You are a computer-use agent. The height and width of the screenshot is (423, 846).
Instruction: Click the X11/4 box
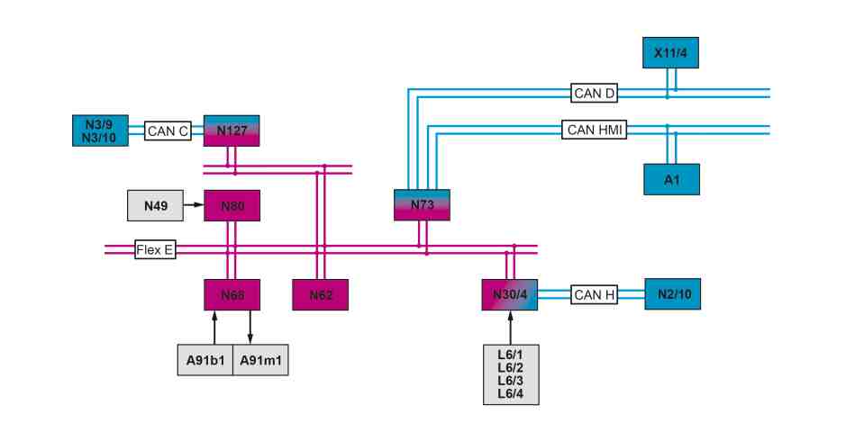(x=670, y=53)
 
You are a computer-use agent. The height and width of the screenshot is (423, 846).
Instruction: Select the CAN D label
(x=594, y=94)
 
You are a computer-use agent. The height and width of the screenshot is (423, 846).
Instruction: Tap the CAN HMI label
(x=594, y=130)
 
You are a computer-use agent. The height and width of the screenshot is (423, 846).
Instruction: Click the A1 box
(x=672, y=179)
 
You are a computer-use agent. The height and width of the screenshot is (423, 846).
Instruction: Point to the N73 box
(x=422, y=205)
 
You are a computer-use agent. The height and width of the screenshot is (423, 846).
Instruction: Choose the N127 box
(x=232, y=130)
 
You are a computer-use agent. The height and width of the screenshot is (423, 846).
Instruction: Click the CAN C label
(x=168, y=130)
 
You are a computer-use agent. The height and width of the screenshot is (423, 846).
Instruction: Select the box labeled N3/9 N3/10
(x=100, y=130)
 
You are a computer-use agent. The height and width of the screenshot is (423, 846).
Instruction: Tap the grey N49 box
(x=155, y=205)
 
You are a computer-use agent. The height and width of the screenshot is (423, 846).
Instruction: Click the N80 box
(x=232, y=205)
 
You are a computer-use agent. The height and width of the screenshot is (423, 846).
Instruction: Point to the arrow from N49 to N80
(x=194, y=205)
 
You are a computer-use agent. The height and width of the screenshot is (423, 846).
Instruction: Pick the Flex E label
(x=155, y=249)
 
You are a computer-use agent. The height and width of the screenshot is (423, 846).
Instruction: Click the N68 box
(x=232, y=295)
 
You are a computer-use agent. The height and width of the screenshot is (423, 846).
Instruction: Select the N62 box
(x=321, y=295)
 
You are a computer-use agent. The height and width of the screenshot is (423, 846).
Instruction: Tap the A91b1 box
(x=205, y=360)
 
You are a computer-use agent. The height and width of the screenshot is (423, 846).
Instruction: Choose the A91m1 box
(x=260, y=360)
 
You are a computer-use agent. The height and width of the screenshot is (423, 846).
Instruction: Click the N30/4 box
(x=509, y=295)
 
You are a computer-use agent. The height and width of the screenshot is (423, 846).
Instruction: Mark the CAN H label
(x=594, y=295)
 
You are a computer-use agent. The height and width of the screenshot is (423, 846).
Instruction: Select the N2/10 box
(x=673, y=294)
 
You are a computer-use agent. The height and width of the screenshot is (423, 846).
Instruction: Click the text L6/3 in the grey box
(x=511, y=381)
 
